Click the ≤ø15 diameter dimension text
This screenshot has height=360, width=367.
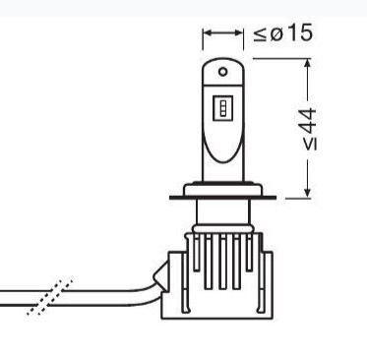pyautogui.click(x=282, y=33)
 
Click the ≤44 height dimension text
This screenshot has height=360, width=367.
pyautogui.click(x=310, y=129)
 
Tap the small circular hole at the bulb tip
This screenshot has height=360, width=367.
pyautogui.click(x=223, y=72)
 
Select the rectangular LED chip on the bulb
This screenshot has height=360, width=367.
pyautogui.click(x=223, y=107)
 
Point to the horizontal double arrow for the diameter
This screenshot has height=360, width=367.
pyautogui.click(x=223, y=32)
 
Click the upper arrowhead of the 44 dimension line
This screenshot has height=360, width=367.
pyautogui.click(x=307, y=63)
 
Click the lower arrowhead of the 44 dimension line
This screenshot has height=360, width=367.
pyautogui.click(x=307, y=193)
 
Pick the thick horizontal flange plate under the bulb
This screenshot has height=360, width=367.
pyautogui.click(x=222, y=198)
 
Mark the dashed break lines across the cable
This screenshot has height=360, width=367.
pyautogui.click(x=50, y=298)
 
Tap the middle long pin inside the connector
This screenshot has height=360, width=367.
pyautogui.click(x=222, y=262)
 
